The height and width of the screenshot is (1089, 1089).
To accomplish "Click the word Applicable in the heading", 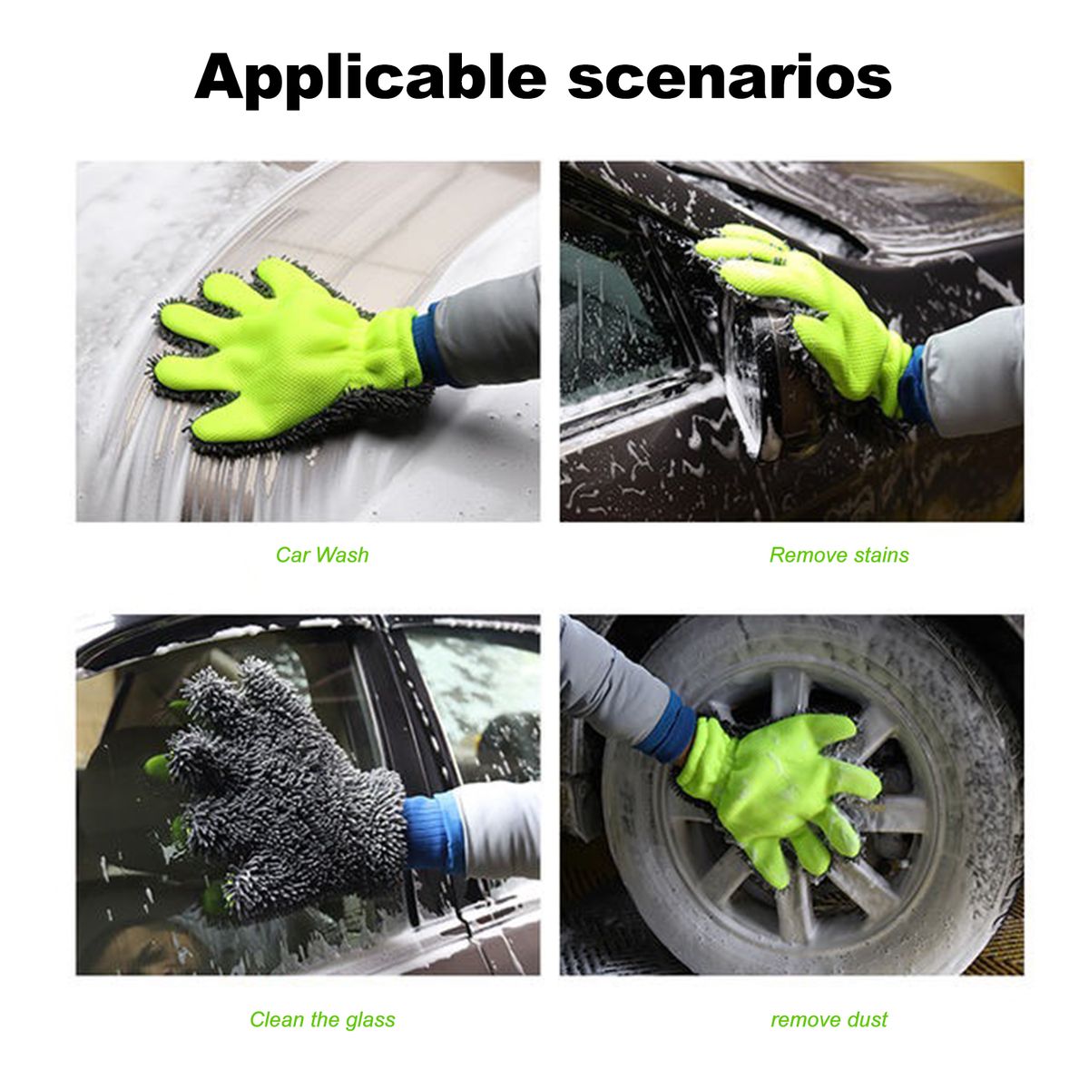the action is (x=370, y=79).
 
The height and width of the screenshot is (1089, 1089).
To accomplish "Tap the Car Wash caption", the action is (x=322, y=554).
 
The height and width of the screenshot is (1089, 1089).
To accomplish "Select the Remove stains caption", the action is (x=839, y=554).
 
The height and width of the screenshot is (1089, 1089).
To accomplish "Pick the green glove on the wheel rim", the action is (x=780, y=791).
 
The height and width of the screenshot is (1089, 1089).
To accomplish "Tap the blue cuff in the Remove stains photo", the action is (x=913, y=384).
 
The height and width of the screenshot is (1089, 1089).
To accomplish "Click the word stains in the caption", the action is (x=881, y=554).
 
